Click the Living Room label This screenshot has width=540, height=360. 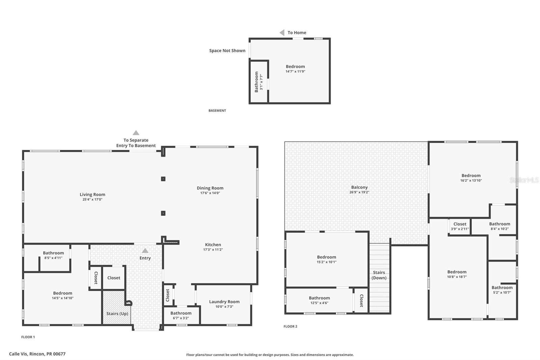(x=92, y=195)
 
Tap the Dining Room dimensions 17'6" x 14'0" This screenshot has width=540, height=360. (x=210, y=193)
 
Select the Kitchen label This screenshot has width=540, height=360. (x=213, y=245)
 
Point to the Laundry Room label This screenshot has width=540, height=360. (x=224, y=302)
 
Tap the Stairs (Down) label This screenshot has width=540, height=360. (x=379, y=275)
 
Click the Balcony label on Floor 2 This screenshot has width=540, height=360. (x=359, y=187)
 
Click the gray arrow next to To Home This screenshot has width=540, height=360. (x=282, y=33)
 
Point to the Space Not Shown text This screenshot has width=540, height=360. (x=227, y=51)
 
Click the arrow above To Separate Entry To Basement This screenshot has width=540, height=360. (x=136, y=133)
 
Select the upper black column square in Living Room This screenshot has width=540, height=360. (x=163, y=179)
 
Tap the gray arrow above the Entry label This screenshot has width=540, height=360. (x=145, y=251)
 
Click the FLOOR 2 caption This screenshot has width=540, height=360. (x=290, y=327)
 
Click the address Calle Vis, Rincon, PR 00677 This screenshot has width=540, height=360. (x=37, y=354)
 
